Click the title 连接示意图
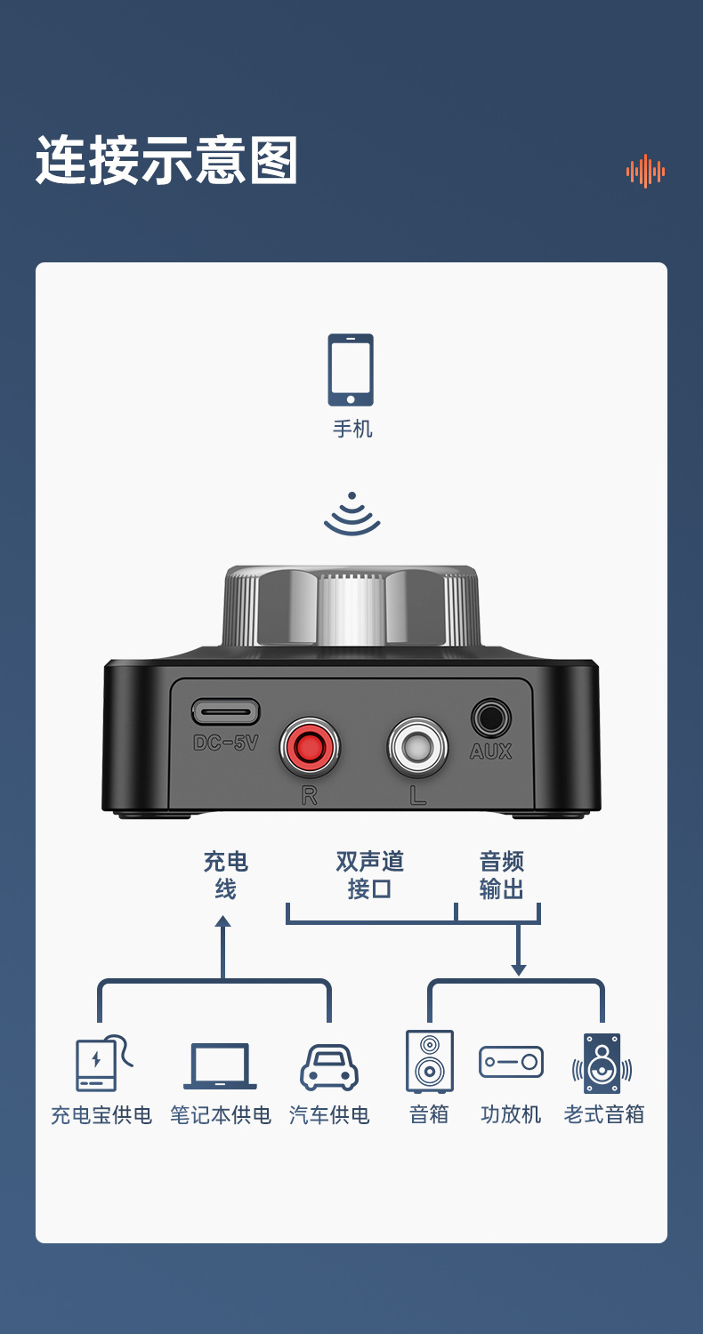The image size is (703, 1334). [x=166, y=161]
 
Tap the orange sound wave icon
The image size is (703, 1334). [x=645, y=171]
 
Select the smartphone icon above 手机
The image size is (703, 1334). [x=351, y=370]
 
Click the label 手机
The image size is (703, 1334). [x=352, y=429]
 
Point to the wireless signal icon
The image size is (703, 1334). [x=352, y=515]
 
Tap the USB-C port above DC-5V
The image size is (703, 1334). [x=225, y=711]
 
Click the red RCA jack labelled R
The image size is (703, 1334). [x=310, y=748]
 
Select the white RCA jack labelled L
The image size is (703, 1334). [x=417, y=748]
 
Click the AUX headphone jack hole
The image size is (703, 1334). [x=490, y=718]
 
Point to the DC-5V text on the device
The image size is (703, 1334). [x=225, y=743]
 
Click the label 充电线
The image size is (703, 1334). [x=225, y=875]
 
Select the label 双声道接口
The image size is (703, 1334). [x=369, y=875]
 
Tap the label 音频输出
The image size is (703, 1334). [x=501, y=875]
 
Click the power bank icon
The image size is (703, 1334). [x=100, y=1063]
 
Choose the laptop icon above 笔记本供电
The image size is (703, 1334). [x=220, y=1065]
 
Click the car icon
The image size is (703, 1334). [x=329, y=1067]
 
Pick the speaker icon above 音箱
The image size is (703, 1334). [x=430, y=1061]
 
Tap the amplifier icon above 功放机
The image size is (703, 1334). [x=511, y=1062]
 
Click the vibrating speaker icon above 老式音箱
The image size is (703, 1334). [x=602, y=1063]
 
